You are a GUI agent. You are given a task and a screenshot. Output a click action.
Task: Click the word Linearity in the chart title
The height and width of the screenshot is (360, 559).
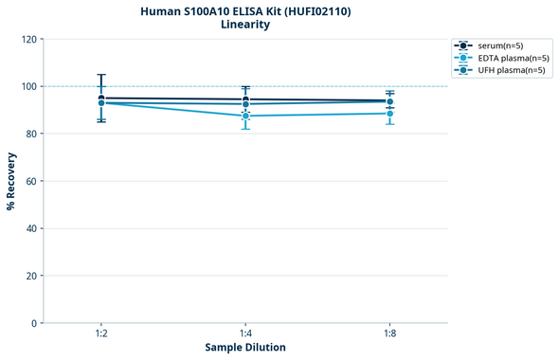click(x=245, y=25)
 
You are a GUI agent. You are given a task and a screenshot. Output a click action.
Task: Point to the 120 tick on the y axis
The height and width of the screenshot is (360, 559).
click(x=29, y=39)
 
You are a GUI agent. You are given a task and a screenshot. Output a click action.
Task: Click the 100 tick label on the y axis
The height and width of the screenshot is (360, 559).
click(x=29, y=86)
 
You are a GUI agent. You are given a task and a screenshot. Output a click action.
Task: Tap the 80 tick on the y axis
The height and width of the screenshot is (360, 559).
click(x=31, y=134)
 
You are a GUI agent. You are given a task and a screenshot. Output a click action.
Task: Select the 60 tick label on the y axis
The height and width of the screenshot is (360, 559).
click(x=31, y=181)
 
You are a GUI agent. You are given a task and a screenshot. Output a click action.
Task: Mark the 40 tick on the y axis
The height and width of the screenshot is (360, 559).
click(x=31, y=228)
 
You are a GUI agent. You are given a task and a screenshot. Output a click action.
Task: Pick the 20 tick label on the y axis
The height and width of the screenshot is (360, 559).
click(x=31, y=276)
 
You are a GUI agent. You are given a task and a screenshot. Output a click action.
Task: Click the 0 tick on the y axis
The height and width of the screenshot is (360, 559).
click(x=34, y=323)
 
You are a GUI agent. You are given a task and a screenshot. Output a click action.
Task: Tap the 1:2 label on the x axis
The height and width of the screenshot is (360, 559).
click(x=100, y=334)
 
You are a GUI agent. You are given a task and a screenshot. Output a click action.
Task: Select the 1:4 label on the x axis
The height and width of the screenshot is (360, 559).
click(x=245, y=334)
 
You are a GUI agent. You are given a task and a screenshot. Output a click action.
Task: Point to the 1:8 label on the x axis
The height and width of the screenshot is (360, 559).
click(x=390, y=334)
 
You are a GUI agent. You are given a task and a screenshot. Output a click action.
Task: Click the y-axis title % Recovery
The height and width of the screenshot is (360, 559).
click(x=11, y=181)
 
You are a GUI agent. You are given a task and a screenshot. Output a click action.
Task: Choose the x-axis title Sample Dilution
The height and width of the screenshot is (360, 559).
click(x=245, y=348)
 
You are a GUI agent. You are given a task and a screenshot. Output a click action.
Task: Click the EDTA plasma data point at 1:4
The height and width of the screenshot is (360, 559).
click(x=245, y=116)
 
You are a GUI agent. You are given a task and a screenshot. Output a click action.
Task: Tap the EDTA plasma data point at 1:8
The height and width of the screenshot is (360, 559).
click(x=390, y=114)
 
